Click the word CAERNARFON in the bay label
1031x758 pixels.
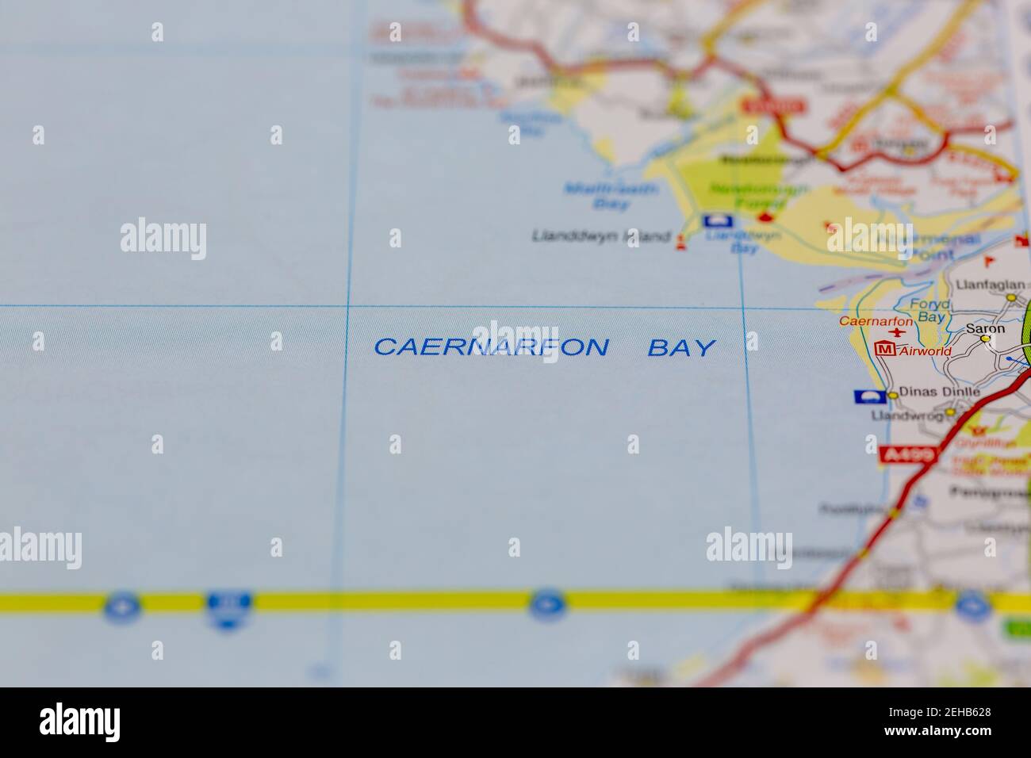coord(491,347)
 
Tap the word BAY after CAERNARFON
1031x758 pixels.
coord(681,347)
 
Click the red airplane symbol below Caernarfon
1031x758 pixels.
coord(897,334)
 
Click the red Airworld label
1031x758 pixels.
coord(920,350)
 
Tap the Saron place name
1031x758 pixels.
coord(985,328)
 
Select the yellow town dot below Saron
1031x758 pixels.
coord(985,339)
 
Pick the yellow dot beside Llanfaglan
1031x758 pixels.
coord(1011,298)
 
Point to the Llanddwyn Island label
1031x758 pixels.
coord(600,236)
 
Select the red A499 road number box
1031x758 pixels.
coord(908,455)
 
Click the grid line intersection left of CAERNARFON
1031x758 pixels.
coord(347,305)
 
